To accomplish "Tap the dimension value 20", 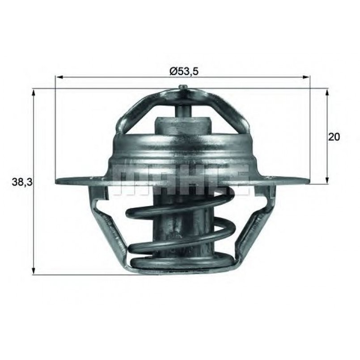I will pos(334,136).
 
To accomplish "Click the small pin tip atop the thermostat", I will pos(182,87).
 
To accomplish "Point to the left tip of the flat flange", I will pos(57,181).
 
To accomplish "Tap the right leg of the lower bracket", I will pos(255,224).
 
